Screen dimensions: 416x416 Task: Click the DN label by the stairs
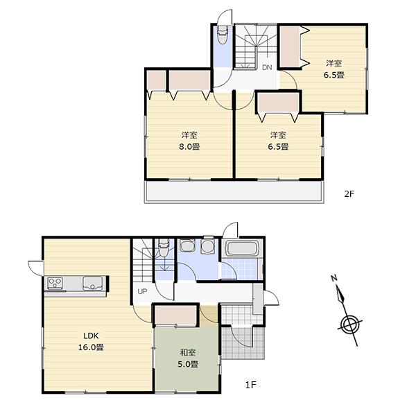click(267, 67)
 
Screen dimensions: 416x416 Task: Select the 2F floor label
click(349, 193)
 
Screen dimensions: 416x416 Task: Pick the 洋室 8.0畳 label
click(186, 141)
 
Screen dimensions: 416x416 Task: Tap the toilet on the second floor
click(223, 37)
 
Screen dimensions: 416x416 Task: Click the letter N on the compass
click(333, 278)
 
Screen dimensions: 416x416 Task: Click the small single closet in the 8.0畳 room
click(157, 81)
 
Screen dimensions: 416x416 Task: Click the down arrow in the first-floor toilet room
click(164, 266)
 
